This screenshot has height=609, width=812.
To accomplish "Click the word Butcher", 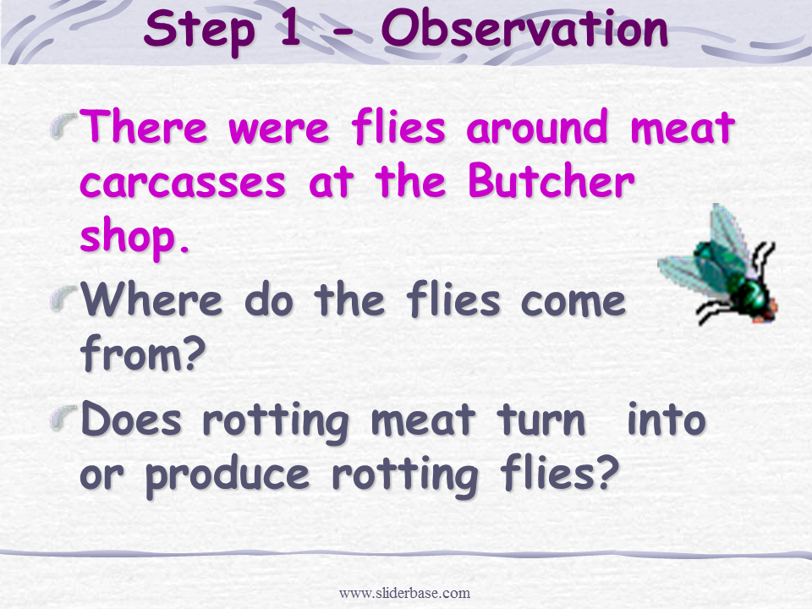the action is point(551,180).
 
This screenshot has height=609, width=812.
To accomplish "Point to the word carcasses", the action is point(183,184).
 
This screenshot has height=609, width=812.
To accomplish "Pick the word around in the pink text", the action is point(536,127).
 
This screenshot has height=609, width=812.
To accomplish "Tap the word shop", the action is point(134,236).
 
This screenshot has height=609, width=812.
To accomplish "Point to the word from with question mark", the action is point(143,353).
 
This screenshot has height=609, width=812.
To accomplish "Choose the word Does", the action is point(132,419).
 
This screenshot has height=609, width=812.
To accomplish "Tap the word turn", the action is point(541,420).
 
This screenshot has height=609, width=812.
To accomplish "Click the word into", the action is point(667,419).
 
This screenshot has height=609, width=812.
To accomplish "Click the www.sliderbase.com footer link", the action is point(404,592).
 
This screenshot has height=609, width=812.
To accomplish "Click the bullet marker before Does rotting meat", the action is point(63,417).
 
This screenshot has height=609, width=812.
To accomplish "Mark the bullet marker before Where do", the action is point(63,299).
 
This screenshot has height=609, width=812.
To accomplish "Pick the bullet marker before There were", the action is point(63,127).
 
